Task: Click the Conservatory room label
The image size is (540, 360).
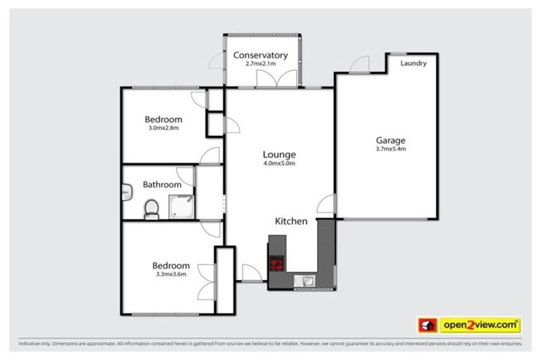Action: [260, 55]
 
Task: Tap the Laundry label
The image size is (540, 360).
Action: [413, 63]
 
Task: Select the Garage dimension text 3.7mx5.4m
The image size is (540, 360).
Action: [391, 148]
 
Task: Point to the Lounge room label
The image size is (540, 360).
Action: [279, 155]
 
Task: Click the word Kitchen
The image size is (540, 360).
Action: [290, 221]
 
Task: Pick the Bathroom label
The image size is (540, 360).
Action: [162, 185]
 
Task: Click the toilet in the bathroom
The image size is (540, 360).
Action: [150, 209]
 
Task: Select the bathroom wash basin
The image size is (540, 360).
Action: [126, 190]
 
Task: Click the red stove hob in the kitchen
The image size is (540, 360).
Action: [278, 265]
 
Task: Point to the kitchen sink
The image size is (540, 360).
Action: [307, 281]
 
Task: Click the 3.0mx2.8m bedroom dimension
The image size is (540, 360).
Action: [164, 128]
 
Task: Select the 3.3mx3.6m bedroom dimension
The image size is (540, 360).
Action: [171, 274]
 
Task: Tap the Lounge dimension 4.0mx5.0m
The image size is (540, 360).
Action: [279, 164]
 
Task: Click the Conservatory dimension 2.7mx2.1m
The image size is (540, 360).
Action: [260, 64]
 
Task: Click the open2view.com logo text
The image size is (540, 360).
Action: [480, 325]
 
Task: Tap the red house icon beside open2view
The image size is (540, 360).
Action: [427, 325]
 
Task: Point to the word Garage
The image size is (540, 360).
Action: [391, 140]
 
